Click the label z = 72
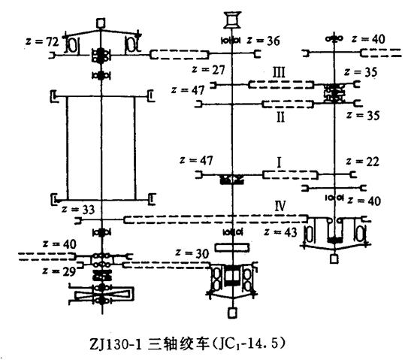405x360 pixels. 42,41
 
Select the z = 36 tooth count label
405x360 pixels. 263,41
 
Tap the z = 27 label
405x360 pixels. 208,70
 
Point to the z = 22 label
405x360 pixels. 363,162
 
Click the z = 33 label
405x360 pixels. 78,209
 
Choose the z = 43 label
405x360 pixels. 280,231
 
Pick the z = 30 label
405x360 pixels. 192,253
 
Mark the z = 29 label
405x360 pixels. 59,271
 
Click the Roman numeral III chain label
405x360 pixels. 280,72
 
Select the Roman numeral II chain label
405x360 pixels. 281,117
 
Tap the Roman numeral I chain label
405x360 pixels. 279,162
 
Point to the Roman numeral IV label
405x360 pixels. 280,206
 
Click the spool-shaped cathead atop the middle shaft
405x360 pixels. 232,20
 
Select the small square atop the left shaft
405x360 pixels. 101,23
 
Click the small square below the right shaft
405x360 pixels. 334,259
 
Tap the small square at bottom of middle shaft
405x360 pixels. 232,313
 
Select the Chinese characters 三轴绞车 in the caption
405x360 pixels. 178,344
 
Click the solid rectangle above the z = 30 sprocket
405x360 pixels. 232,247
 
